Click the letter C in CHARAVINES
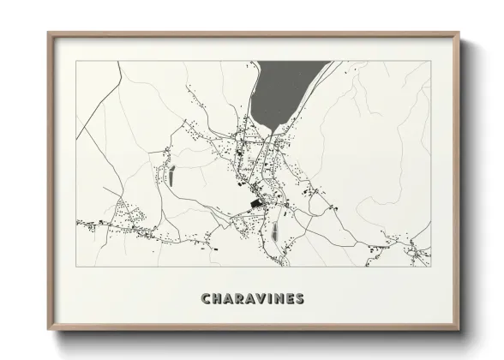point(206,299)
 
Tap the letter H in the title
point(218,299)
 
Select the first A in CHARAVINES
point(230,299)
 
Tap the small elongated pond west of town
point(170,177)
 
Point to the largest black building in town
point(256,203)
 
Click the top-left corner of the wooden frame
point(48,33)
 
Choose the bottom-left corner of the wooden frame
point(48,330)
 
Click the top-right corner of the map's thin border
point(430,61)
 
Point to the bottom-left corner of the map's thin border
point(77,267)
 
